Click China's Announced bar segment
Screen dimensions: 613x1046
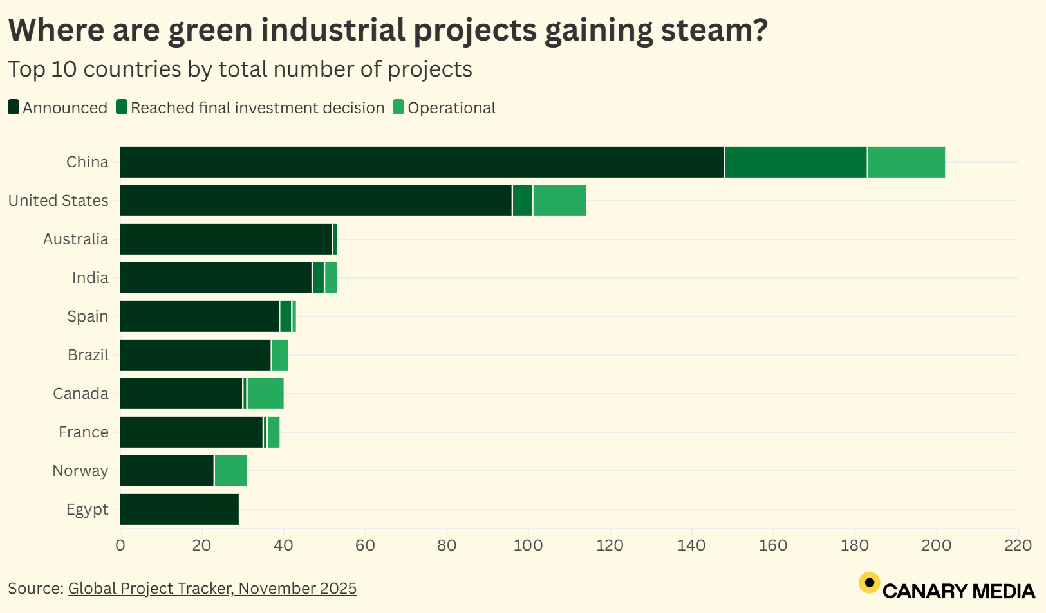coord(422,162)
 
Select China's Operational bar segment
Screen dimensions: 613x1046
coord(906,162)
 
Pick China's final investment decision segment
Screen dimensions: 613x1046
coord(796,162)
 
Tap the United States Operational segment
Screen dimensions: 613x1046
coord(559,201)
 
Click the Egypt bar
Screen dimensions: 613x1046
coord(179,509)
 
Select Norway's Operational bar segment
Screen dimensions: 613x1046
coord(230,471)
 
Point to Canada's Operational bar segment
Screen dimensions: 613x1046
coord(265,394)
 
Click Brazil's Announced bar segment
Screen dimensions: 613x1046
coord(195,355)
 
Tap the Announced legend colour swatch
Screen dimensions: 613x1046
coord(14,107)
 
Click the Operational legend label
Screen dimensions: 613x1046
coord(451,108)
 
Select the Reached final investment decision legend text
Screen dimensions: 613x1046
coord(257,108)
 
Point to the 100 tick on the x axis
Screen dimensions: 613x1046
coord(528,545)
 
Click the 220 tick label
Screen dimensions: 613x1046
coord(1018,545)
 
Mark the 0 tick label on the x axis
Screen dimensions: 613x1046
coord(120,545)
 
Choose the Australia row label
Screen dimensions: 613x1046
coord(75,239)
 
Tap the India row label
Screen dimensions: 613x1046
coord(90,278)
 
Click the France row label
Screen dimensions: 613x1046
coord(83,432)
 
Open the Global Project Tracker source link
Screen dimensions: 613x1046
coord(212,589)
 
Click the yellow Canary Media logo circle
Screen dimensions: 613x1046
coord(869,583)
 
